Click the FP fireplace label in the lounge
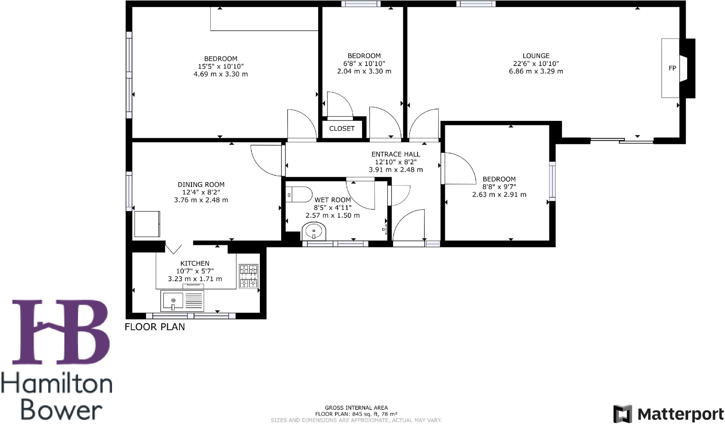click(672, 68)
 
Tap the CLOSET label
click(342, 128)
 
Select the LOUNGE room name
click(536, 56)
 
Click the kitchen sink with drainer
click(182, 301)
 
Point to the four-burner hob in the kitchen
click(249, 276)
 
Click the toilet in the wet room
click(298, 194)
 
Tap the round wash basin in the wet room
click(314, 231)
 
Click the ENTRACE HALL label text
click(396, 154)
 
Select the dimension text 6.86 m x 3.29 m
click(536, 71)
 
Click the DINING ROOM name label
click(201, 184)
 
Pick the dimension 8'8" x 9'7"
click(499, 187)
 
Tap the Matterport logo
click(668, 414)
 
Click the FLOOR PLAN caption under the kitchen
click(155, 327)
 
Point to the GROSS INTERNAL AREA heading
click(356, 408)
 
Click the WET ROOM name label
click(332, 200)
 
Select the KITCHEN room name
click(195, 263)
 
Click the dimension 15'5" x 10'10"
click(221, 66)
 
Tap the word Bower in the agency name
click(61, 411)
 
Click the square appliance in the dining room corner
click(147, 224)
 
